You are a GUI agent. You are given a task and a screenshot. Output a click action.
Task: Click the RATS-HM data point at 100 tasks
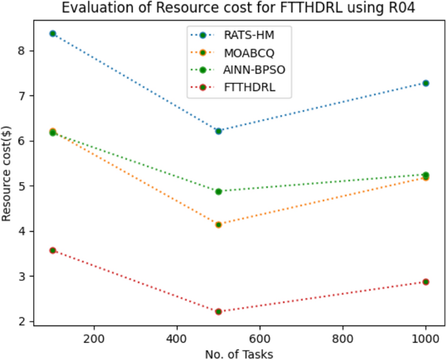point(53,33)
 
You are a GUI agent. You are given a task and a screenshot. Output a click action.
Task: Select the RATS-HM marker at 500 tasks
point(219,131)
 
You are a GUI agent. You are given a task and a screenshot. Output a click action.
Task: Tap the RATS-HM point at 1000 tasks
point(426,83)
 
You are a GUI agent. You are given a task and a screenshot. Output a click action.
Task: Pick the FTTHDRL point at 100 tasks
point(53,250)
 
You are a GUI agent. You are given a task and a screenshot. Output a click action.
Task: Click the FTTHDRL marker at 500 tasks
point(219,312)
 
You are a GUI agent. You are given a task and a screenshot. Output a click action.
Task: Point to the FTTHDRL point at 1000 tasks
point(426,282)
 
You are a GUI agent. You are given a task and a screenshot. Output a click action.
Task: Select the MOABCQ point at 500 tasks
point(219,225)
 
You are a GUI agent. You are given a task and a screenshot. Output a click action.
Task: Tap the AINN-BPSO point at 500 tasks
point(219,191)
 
